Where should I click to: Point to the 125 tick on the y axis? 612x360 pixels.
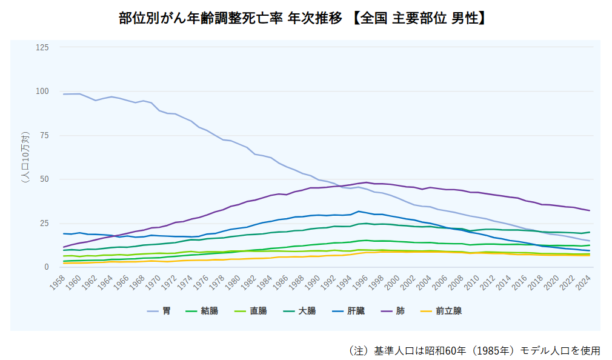click(42, 47)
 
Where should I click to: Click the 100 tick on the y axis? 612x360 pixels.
click(42, 91)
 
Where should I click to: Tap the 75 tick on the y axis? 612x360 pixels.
click(44, 135)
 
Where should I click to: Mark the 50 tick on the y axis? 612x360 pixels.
click(44, 179)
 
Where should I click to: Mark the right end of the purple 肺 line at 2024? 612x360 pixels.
click(590, 211)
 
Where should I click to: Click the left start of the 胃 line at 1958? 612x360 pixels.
click(64, 94)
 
